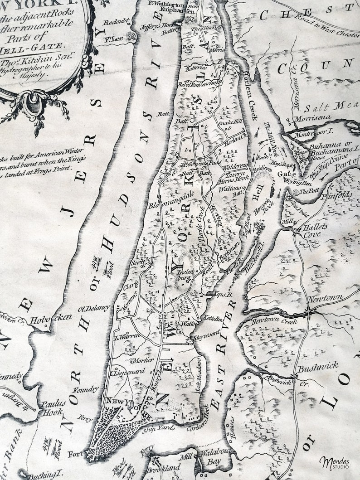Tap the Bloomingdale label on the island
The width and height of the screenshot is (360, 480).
click(169, 199)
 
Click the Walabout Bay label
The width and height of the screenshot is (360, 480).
click(213, 457)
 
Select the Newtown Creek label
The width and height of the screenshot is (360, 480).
click(274, 321)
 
